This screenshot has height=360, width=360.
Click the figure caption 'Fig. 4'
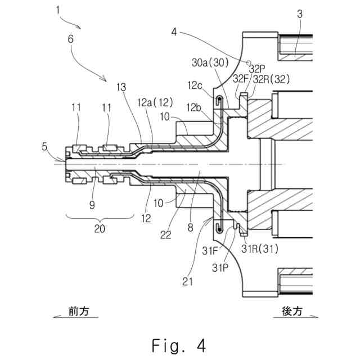[x=179, y=346]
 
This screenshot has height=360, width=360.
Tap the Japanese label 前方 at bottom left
[x=79, y=311]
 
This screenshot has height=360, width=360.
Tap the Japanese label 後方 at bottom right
[x=292, y=311]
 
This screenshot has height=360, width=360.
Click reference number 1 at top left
[x=58, y=10]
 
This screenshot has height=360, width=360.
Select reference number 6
[x=70, y=39]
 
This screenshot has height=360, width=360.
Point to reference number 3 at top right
[x=300, y=14]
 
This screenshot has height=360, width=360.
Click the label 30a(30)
[x=210, y=62]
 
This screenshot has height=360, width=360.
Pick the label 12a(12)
[x=155, y=102]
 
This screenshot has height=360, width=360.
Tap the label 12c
[x=195, y=85]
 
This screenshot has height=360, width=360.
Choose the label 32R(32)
[x=271, y=79]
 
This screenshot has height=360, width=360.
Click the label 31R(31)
[x=260, y=249]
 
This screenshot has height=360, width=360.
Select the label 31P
[x=220, y=268]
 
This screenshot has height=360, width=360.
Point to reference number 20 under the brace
[x=100, y=229]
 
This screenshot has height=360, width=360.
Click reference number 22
[x=166, y=235]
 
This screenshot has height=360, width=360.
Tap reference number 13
[x=121, y=87]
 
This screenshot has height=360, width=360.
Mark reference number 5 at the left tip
[x=44, y=147]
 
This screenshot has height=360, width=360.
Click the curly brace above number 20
[x=100, y=218]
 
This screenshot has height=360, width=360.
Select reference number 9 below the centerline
[x=92, y=205]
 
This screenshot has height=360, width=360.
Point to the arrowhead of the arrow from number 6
[x=105, y=79]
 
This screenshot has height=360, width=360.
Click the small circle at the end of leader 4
[x=249, y=62]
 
